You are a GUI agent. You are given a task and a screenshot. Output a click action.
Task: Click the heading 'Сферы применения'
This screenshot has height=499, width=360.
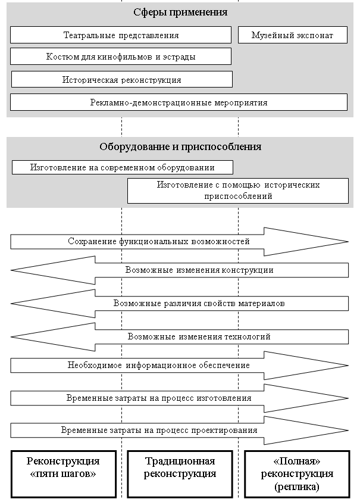(x=180, y=12)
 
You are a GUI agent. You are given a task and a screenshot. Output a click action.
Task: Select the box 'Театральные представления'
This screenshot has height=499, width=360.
(x=121, y=35)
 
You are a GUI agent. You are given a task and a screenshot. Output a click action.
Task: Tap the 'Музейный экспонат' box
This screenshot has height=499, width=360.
(x=293, y=35)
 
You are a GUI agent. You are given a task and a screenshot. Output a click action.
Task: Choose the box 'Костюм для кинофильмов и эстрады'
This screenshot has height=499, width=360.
(x=121, y=57)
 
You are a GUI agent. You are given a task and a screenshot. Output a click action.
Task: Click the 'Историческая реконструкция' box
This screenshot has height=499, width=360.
(x=122, y=79)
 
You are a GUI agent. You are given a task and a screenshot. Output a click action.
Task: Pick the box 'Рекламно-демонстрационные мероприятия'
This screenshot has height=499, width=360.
(x=179, y=102)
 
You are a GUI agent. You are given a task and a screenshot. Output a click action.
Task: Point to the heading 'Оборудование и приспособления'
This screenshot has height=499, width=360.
(x=180, y=146)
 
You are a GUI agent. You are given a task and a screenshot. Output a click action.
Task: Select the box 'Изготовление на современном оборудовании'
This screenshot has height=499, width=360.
(x=123, y=167)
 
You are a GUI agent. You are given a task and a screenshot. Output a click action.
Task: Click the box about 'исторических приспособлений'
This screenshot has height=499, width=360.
(x=238, y=191)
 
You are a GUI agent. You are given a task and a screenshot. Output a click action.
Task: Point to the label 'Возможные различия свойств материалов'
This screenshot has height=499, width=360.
(x=199, y=303)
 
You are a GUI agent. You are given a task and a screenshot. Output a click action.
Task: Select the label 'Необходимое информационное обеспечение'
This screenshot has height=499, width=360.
(x=159, y=366)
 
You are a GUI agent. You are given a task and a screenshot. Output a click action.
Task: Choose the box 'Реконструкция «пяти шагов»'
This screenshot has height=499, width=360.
(x=63, y=474)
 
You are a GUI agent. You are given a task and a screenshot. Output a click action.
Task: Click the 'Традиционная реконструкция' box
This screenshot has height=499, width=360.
(x=180, y=474)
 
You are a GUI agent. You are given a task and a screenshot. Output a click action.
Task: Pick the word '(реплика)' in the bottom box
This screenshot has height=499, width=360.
(x=297, y=486)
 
